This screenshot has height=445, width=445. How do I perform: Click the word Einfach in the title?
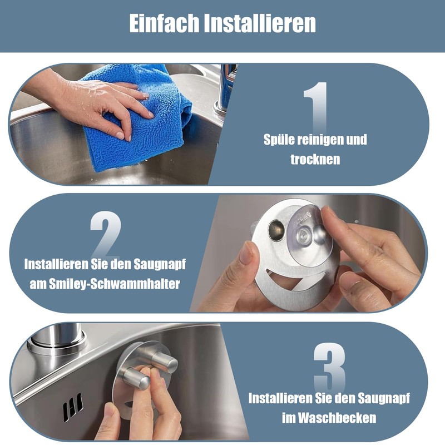[164, 23]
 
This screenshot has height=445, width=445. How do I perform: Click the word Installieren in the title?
[260, 23]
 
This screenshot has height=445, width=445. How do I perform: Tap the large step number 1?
[316, 108]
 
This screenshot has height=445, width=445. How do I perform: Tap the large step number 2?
[106, 234]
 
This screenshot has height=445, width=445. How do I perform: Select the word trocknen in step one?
[315, 159]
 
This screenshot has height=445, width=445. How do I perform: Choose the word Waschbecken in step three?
[337, 418]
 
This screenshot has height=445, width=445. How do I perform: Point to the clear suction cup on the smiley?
[310, 235]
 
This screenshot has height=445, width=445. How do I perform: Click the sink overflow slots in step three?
[73, 407]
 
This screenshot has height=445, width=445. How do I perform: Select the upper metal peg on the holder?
[165, 361]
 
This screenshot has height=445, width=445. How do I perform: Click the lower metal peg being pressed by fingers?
[137, 378]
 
